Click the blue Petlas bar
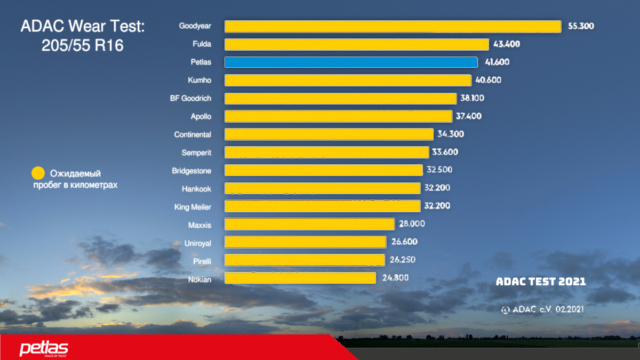[351, 62]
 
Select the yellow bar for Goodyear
[393, 26]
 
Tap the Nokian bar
[300, 278]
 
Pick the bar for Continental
[329, 134]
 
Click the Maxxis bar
[309, 224]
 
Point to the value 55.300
[581, 26]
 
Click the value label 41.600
[497, 62]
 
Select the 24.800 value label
[395, 278]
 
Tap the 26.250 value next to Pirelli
[403, 260]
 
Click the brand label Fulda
[202, 44]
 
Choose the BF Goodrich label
[190, 98]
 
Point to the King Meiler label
[193, 207]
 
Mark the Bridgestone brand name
[191, 171]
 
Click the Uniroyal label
[197, 243]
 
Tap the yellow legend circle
[38, 173]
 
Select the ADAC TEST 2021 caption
[541, 282]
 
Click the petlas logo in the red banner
[44, 349]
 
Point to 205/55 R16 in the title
[82, 45]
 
